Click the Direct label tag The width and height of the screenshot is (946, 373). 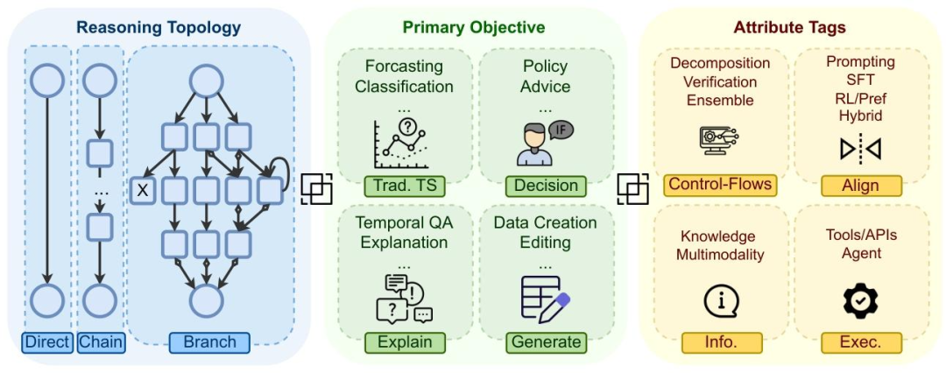(x=47, y=341)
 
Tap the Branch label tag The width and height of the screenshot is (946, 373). (x=209, y=341)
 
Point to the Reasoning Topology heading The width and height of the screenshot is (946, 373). (x=159, y=27)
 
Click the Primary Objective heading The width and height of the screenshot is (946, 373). (x=474, y=27)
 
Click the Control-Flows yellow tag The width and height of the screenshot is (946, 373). (x=719, y=185)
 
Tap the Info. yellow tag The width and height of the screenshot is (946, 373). (x=719, y=341)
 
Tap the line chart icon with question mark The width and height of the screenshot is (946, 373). (x=404, y=144)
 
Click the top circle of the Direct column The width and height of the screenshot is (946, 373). (x=47, y=81)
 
